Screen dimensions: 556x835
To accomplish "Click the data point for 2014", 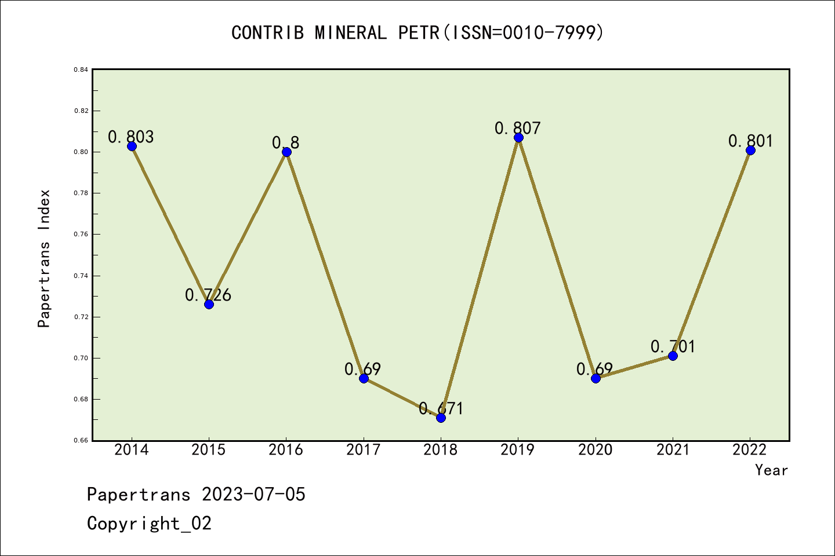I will click(x=132, y=146).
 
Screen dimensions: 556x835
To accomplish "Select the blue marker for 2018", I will click(x=441, y=418).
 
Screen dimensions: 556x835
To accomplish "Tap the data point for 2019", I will click(x=518, y=137).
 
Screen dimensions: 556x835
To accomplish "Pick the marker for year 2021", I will click(x=673, y=356).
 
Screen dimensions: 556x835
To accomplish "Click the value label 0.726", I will click(x=208, y=295).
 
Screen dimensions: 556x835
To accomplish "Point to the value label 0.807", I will click(x=518, y=128).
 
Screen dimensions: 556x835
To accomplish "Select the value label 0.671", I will click(x=441, y=408).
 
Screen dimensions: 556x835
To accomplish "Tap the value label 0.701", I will click(x=673, y=346).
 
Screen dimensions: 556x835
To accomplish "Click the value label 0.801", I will click(x=750, y=141).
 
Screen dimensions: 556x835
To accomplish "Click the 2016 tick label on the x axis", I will click(x=286, y=450).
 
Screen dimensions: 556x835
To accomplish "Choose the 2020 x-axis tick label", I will click(x=596, y=450).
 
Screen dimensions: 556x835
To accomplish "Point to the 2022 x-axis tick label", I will click(x=750, y=450).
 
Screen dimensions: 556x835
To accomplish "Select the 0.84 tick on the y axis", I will click(x=81, y=69).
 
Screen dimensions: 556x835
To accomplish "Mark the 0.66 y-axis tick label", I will click(x=81, y=441).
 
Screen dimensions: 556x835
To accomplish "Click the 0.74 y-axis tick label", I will click(x=81, y=276).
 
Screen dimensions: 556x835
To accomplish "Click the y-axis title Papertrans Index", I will click(x=45, y=258).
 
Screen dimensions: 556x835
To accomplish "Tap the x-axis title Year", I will click(x=771, y=470).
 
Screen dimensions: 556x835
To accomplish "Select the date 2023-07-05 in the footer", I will click(x=253, y=495).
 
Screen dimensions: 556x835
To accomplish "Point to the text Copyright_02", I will click(x=149, y=524).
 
